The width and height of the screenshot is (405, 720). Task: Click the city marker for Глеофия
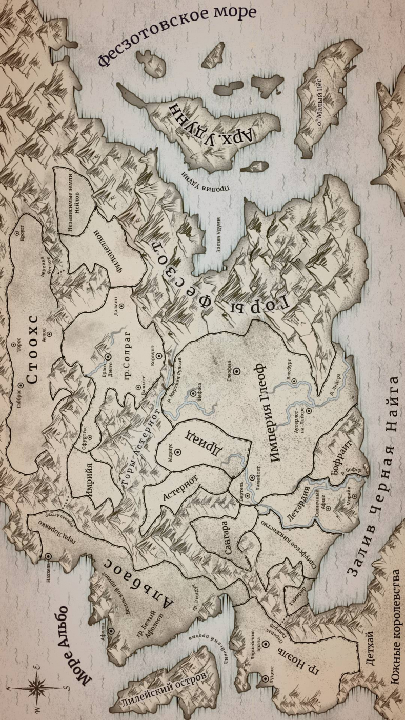236,371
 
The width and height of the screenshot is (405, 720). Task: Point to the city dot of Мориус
178,452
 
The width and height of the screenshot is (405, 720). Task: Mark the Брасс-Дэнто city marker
108,356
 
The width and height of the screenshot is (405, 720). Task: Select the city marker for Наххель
48,556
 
